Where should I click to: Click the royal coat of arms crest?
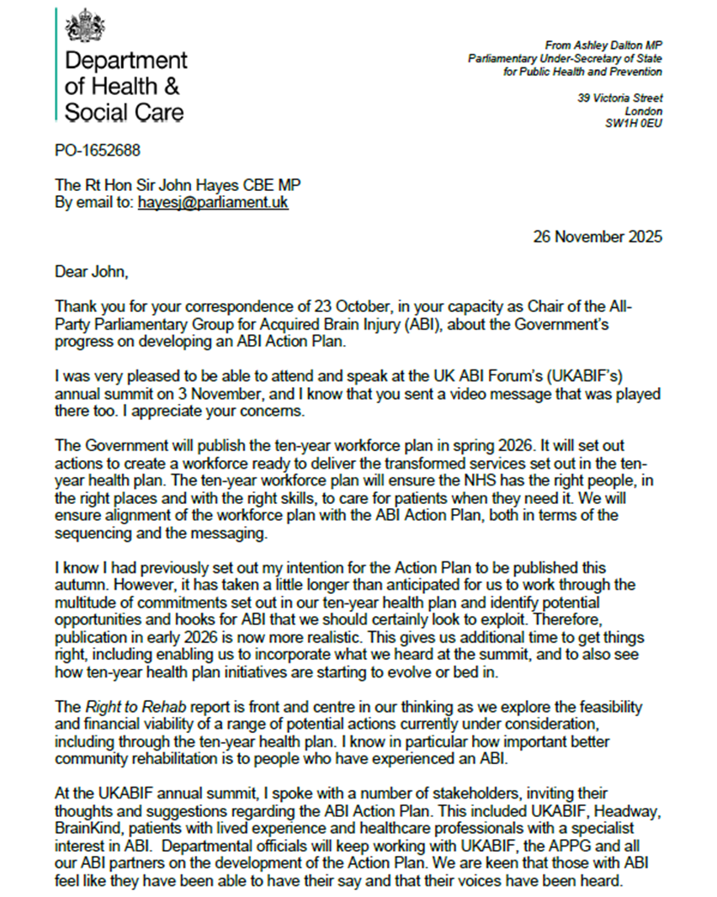tap(84, 26)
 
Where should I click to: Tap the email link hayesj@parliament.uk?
tap(213, 203)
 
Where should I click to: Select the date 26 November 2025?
tap(597, 236)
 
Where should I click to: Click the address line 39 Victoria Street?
tap(619, 98)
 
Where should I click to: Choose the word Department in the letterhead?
tap(126, 61)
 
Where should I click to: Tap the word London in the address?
tap(644, 111)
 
